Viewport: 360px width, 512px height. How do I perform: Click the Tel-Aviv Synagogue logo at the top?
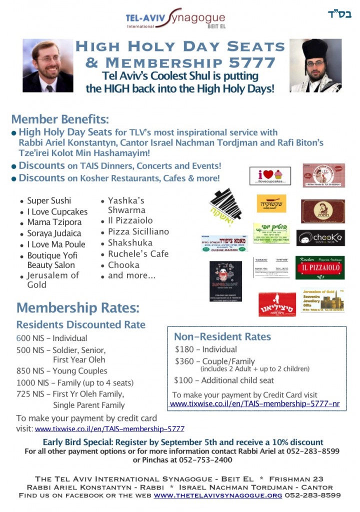175,19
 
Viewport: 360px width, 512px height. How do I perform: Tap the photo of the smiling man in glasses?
48,65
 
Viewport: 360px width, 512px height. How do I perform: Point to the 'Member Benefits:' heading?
60,119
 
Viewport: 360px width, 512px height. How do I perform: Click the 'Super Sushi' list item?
49,200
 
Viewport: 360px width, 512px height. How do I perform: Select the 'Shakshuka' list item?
131,243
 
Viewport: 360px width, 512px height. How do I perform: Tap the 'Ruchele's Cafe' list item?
138,253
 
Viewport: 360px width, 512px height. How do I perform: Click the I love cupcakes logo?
270,176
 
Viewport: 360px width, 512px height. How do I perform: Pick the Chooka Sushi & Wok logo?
320,238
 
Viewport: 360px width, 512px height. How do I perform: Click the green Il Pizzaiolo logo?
320,267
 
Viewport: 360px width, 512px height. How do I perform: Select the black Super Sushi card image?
225,281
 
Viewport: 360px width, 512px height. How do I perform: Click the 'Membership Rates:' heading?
78,306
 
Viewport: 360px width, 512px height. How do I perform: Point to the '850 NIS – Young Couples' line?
62,371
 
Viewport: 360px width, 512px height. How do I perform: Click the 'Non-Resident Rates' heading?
222,336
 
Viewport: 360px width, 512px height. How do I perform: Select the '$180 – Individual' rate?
206,349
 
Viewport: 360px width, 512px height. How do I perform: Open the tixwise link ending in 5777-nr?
255,403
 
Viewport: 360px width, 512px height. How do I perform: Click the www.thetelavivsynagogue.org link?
218,495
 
